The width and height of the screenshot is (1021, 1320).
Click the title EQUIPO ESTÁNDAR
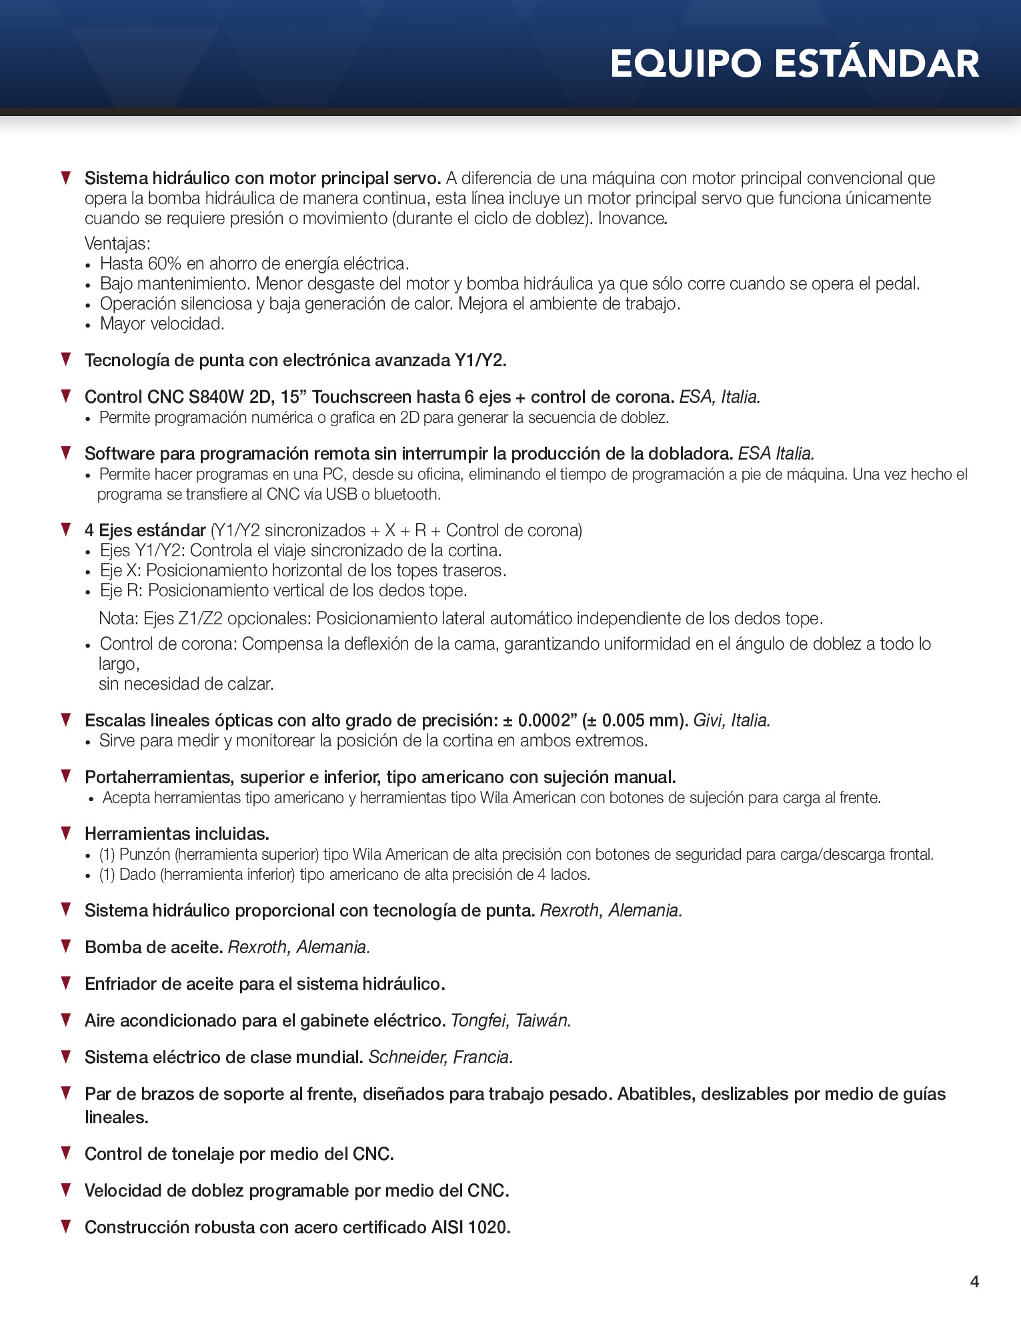tap(794, 64)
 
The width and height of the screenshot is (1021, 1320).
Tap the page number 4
tap(974, 1281)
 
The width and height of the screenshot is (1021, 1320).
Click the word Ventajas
tap(117, 244)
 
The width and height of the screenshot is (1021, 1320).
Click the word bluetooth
tap(407, 494)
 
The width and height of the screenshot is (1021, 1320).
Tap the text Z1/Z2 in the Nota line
tap(201, 619)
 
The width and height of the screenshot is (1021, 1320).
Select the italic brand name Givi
tap(710, 721)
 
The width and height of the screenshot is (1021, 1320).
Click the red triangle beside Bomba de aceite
tap(66, 946)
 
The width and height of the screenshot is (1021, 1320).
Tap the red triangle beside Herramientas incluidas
tap(66, 832)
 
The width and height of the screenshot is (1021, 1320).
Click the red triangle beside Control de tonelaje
tap(66, 1153)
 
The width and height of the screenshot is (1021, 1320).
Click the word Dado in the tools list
tap(137, 874)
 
